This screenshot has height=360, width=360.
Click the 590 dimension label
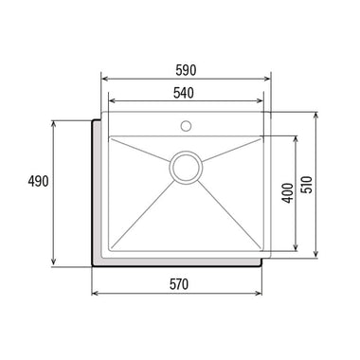click(186, 70)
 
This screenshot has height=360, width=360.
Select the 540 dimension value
click(184, 93)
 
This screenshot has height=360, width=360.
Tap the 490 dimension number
click(38, 181)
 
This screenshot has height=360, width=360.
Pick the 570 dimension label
click(179, 284)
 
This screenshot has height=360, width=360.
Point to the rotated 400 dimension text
click(287, 193)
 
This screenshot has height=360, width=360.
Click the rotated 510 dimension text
click(307, 185)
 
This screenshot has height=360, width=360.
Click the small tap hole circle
click(186, 126)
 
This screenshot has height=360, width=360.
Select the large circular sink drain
click(186, 168)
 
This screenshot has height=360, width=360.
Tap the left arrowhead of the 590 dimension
click(104, 79)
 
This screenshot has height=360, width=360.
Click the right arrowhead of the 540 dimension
click(260, 101)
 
